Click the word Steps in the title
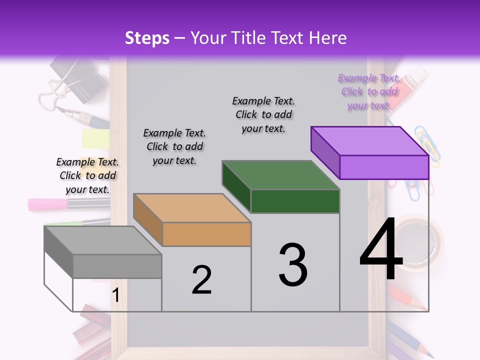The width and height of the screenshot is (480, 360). coord(147,38)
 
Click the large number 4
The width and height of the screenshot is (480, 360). coord(381,250)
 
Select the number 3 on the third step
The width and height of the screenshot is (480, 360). coord(293,265)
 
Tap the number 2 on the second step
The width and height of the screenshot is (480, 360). coord(201,280)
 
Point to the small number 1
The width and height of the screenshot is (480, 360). coord(115,295)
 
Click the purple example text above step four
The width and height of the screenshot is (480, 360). coord(369,91)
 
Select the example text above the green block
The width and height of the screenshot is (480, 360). coord(263,114)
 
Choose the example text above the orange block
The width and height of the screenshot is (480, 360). coord(174,146)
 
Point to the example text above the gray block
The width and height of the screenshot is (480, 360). coord(87,175)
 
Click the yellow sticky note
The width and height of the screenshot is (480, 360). coord(95,138)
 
